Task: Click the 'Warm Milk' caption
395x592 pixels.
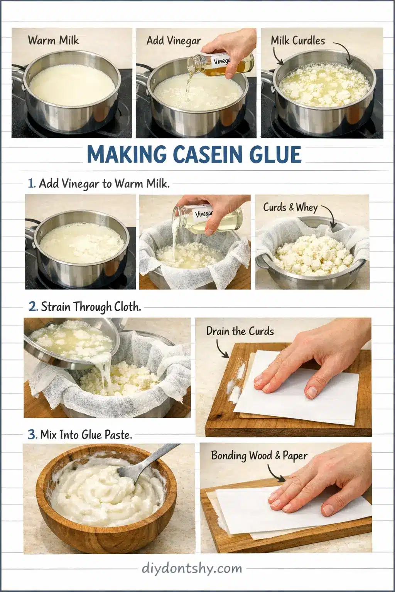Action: (x=53, y=40)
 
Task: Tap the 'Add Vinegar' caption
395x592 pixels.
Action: (x=174, y=40)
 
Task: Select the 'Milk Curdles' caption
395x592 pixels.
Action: (x=298, y=40)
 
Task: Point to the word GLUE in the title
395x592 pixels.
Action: (x=277, y=155)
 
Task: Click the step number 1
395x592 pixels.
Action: (x=32, y=183)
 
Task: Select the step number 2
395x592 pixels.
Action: (x=33, y=307)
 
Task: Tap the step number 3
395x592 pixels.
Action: (x=32, y=435)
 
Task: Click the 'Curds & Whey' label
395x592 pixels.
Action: (x=290, y=207)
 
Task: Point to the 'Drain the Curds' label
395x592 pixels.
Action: (x=240, y=331)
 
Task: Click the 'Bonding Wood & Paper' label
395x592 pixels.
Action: (x=259, y=456)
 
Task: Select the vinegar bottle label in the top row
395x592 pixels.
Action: (x=222, y=61)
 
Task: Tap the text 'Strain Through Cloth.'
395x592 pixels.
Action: (x=91, y=307)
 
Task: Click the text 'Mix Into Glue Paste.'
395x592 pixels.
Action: (x=86, y=435)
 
